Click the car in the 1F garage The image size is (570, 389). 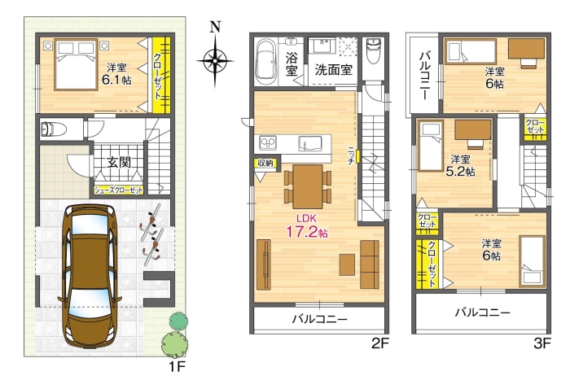point(90,275)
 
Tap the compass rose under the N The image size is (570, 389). point(215,60)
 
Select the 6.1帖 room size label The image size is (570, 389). point(116,80)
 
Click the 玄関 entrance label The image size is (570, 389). point(119,163)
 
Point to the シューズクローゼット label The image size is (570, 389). point(119,190)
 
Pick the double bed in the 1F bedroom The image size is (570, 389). point(76,64)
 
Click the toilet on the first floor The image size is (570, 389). point(53,129)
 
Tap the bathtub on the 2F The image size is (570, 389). point(266,61)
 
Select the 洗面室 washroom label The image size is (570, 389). point(333,69)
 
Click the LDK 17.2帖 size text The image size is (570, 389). point(307,232)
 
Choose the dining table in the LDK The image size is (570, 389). point(308,186)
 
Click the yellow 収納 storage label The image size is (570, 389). point(265,163)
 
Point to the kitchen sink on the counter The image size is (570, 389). point(310,143)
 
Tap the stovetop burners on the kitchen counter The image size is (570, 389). point(268,142)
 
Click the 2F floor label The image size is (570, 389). point(380,343)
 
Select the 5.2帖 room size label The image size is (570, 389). point(460,171)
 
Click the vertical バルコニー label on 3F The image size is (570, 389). point(424,76)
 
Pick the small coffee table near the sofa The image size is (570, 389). point(347,264)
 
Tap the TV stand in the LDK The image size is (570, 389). point(264,264)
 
